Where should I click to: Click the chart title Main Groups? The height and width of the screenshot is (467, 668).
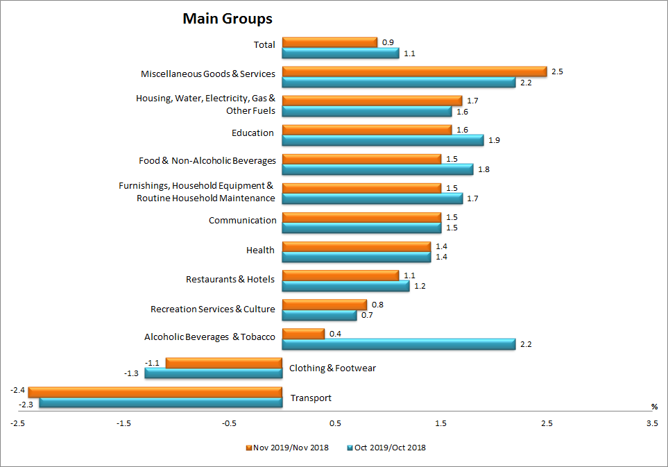pos(228,19)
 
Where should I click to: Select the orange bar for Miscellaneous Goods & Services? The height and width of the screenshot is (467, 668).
pos(414,71)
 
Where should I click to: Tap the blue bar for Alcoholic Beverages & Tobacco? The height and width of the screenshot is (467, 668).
pos(398,344)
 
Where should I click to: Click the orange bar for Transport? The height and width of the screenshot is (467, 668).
pos(155,392)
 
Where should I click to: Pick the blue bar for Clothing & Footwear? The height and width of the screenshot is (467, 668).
pos(213,373)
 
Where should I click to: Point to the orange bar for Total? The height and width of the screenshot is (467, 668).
pos(329,42)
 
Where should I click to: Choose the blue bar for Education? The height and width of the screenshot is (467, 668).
pos(383,140)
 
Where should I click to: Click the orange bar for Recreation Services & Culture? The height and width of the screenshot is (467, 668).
pos(324,305)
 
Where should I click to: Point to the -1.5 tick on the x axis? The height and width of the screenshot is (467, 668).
pos(123,423)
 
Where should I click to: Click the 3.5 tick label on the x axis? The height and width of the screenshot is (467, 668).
pos(652,423)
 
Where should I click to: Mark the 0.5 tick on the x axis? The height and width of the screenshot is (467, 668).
pos(335,423)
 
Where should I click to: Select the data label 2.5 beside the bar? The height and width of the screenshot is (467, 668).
pos(557,71)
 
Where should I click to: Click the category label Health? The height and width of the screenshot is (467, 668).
pos(260,251)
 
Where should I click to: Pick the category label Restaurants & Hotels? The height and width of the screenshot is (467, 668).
pos(230,280)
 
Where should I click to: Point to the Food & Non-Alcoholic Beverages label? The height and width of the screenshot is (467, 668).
pos(207,161)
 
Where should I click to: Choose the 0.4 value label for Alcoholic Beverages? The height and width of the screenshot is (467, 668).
pos(335,334)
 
